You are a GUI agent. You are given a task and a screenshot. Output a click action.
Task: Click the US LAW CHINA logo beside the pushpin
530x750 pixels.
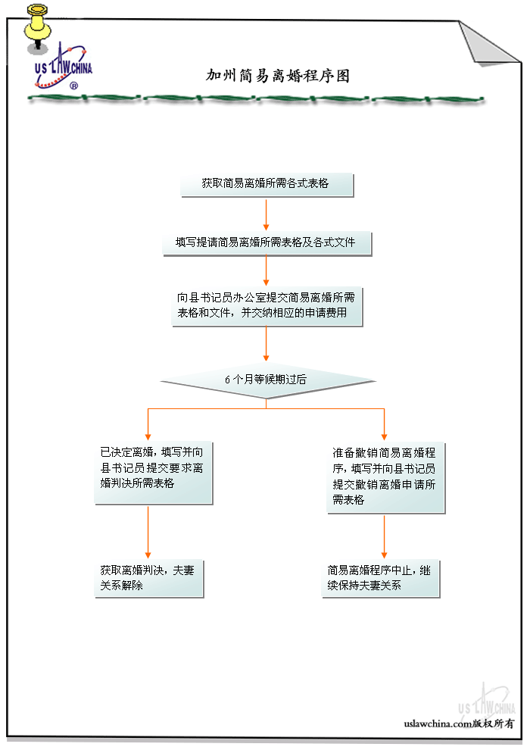[x=64, y=70]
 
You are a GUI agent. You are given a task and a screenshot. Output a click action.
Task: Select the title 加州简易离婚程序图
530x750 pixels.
[x=278, y=76]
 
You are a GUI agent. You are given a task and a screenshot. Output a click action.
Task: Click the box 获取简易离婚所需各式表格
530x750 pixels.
[x=267, y=184]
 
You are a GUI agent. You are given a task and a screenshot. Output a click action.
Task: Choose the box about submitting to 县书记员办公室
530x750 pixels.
[x=267, y=305]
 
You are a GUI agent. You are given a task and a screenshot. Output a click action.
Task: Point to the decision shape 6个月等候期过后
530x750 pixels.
[x=267, y=380]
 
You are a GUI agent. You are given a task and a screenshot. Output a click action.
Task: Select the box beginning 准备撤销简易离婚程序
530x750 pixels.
[x=385, y=478]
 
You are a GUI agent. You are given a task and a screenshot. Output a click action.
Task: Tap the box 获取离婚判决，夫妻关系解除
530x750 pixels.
[x=148, y=578]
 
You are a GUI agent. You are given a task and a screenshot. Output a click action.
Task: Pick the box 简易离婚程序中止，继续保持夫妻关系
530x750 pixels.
[x=380, y=578]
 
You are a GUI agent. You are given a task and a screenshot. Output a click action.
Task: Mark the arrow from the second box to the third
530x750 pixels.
[x=267, y=271]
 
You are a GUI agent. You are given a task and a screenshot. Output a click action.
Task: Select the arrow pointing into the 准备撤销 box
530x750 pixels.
[x=384, y=424]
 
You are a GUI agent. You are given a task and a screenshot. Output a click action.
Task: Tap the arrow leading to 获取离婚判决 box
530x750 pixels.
[x=148, y=532]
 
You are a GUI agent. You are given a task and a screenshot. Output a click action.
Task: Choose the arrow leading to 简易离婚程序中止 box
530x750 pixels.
[x=384, y=536]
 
